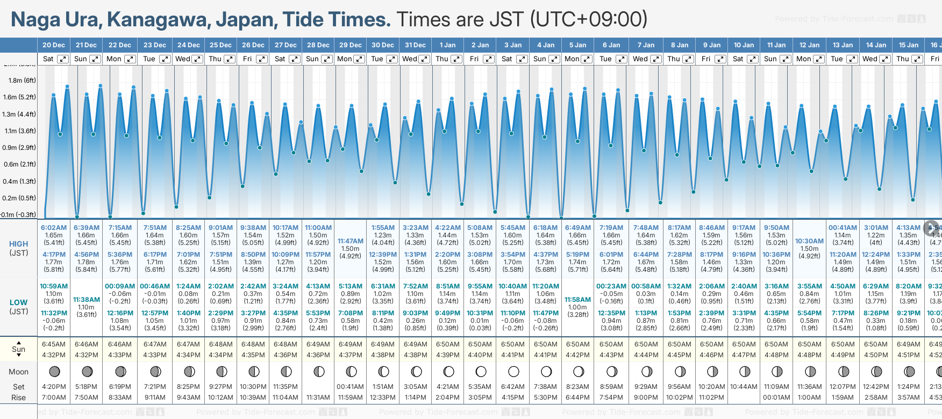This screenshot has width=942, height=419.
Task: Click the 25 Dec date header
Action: pyautogui.click(x=220, y=45)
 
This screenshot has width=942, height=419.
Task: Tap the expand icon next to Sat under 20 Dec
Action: pyautogui.click(x=63, y=59)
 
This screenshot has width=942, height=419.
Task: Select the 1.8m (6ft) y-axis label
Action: pyautogui.click(x=22, y=81)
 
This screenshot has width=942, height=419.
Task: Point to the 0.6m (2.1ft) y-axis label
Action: pyautogui.click(x=20, y=164)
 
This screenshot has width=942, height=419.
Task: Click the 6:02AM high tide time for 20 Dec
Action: pyautogui.click(x=54, y=228)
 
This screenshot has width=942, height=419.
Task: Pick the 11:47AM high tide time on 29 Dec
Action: pyautogui.click(x=351, y=241)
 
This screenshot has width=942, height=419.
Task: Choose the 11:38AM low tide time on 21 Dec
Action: pyautogui.click(x=87, y=300)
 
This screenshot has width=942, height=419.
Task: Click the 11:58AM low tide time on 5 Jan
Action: pyautogui.click(x=578, y=300)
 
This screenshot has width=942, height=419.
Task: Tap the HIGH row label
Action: pyautogui.click(x=18, y=244)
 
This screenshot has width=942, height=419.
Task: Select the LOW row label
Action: pyautogui.click(x=18, y=302)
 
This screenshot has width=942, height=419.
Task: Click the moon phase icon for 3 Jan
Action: pyautogui.click(x=513, y=371)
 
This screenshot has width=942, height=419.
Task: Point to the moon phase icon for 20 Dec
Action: pyautogui.click(x=54, y=371)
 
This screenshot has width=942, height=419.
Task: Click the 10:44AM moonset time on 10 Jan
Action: pyautogui.click(x=744, y=387)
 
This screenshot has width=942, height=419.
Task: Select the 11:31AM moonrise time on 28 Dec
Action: pyautogui.click(x=318, y=398)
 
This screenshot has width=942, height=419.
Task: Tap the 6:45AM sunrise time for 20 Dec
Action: pyautogui.click(x=54, y=344)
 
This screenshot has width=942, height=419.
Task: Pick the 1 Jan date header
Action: pyautogui.click(x=447, y=45)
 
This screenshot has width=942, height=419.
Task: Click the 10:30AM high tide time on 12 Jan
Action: pyautogui.click(x=809, y=241)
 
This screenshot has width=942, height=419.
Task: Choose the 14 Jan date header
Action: pyautogui.click(x=876, y=45)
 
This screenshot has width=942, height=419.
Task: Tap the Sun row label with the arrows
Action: pyautogui.click(x=18, y=349)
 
